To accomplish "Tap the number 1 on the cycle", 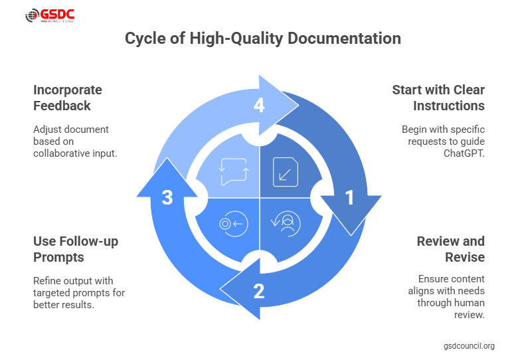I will [x=348, y=198].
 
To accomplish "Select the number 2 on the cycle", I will [x=258, y=290].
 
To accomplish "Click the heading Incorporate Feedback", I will [x=68, y=98].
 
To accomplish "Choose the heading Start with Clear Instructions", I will [x=438, y=98].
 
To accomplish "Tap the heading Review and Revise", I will [x=450, y=248].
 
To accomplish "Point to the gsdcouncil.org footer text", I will [x=469, y=346].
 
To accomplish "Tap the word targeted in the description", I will [x=52, y=292].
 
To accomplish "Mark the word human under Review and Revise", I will [x=468, y=303].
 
